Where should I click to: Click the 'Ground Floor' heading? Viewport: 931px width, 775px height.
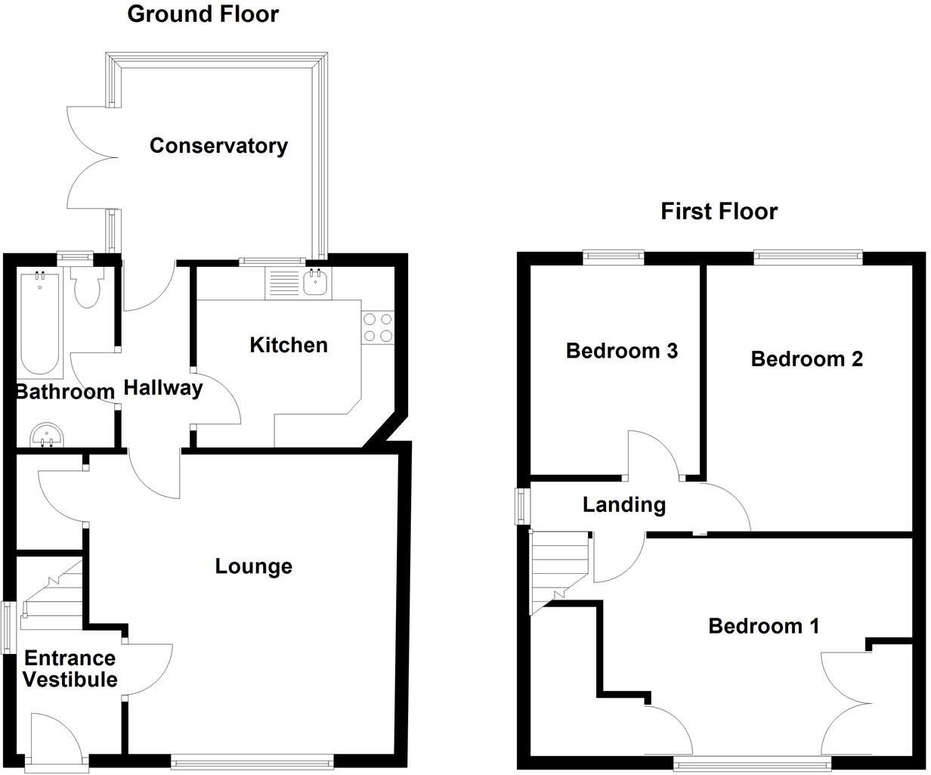pos(203,14)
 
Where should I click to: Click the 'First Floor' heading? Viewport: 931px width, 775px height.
pos(719,211)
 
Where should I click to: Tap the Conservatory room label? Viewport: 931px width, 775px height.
pos(218,145)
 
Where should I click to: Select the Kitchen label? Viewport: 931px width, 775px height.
pos(289,345)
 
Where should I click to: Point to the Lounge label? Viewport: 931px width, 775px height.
pos(254,566)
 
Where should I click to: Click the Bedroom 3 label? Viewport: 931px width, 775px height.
pos(621,351)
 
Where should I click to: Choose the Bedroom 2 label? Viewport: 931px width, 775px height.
pos(806,358)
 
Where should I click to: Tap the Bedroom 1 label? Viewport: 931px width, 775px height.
pos(763,625)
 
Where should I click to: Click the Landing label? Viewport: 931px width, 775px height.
pos(624,504)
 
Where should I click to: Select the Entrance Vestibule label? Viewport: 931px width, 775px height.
pos(70,668)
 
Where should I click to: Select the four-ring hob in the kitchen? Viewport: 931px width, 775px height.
pos(378,327)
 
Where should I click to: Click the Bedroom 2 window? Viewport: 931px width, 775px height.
pos(809,258)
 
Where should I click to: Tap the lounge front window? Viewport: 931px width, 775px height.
pos(252,762)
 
